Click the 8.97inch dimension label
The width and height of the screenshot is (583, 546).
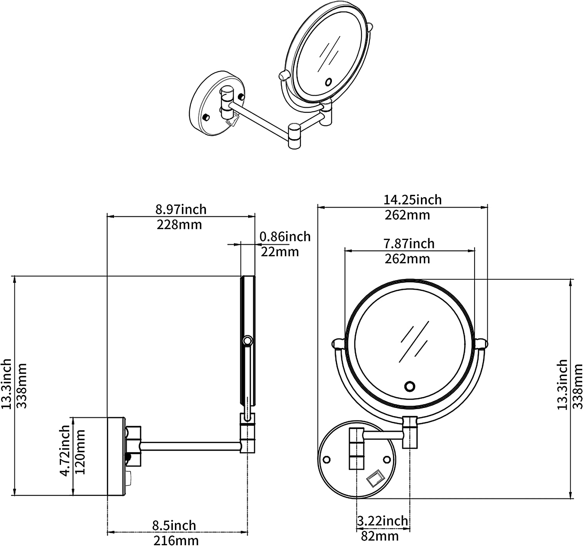tap(181, 209)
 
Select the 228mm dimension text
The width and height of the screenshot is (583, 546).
tap(179, 225)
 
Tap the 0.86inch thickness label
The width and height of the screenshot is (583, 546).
tap(285, 236)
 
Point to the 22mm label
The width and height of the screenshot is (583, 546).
tap(280, 252)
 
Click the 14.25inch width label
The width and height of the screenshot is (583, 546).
tap(412, 200)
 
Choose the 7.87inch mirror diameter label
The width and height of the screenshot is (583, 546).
tap(409, 243)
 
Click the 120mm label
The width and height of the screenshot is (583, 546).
tap(80, 452)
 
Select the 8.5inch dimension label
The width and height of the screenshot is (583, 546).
tap(174, 525)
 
